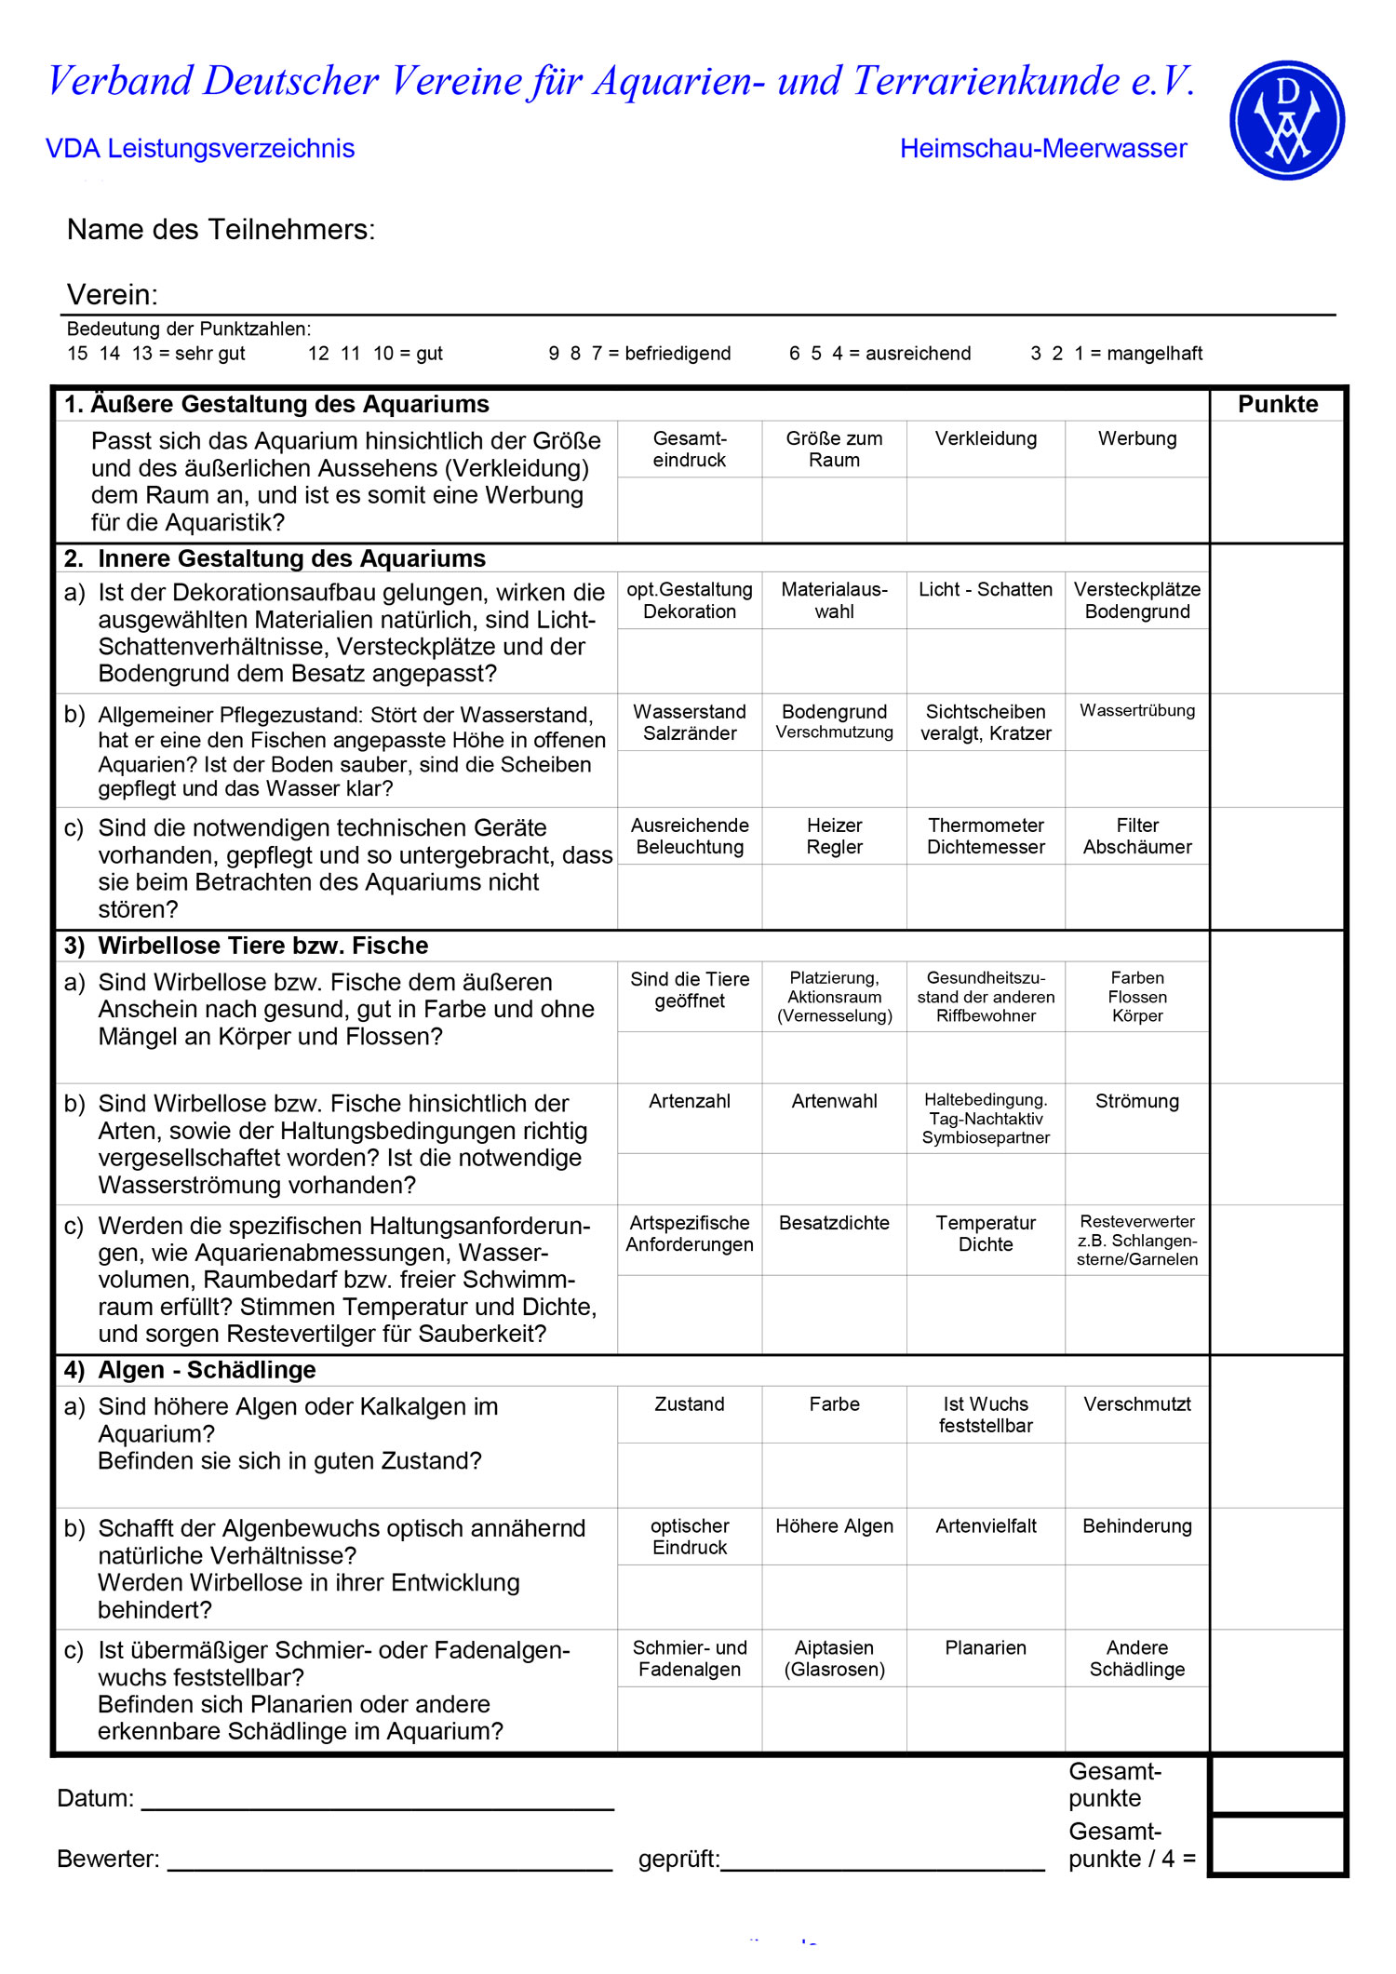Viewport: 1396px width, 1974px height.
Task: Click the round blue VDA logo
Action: (1287, 120)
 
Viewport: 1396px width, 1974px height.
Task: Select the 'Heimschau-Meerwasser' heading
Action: (1043, 149)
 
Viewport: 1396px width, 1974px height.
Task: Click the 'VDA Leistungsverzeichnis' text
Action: (200, 149)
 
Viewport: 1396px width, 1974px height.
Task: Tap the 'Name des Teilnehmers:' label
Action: (221, 230)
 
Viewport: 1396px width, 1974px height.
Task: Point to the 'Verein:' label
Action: (113, 295)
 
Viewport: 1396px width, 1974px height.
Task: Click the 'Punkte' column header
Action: (1278, 405)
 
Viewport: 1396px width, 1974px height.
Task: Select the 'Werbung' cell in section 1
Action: (1137, 439)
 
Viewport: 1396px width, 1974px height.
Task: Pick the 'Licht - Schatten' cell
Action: (986, 590)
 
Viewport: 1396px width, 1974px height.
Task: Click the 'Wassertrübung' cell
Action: (1137, 711)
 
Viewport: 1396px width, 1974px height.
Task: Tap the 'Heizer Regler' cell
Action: (834, 836)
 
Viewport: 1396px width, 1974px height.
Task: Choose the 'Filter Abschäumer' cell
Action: (1137, 836)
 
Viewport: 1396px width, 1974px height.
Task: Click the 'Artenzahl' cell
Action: (690, 1102)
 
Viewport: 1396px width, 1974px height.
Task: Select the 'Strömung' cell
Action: (1137, 1102)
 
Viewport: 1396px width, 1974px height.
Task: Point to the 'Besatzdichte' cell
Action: (834, 1224)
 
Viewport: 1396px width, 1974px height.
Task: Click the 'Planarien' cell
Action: (986, 1648)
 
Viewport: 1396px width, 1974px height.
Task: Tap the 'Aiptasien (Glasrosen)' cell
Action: (834, 1658)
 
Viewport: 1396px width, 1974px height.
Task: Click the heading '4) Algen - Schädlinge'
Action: (190, 1370)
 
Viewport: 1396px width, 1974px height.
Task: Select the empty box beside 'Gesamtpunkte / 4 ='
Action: (1278, 1845)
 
